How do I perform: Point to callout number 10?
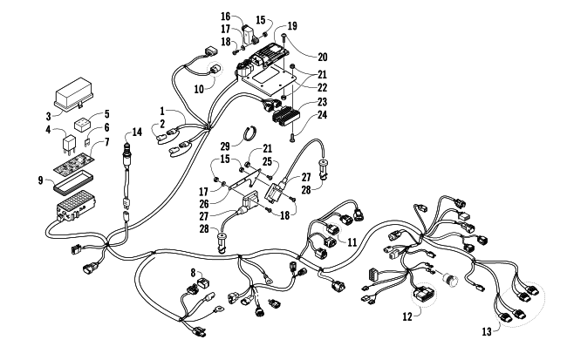[x=199, y=87]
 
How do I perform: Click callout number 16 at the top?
[x=225, y=17]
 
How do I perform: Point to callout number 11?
[x=352, y=241]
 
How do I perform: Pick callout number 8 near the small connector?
[x=194, y=272]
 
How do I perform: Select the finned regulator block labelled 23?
[x=286, y=113]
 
